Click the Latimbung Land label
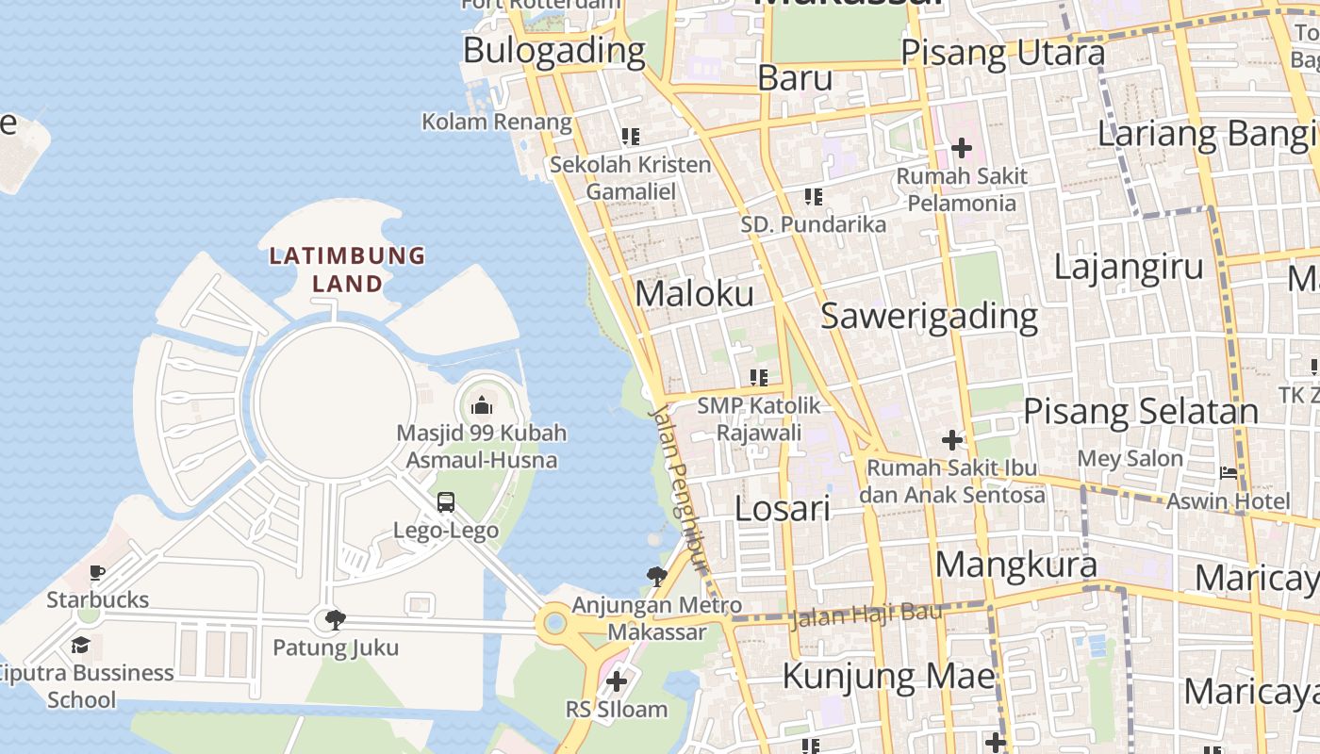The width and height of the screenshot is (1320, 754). tap(347, 269)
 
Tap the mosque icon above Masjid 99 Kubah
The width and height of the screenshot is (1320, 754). tap(482, 406)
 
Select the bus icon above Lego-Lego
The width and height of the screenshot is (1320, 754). tap(446, 502)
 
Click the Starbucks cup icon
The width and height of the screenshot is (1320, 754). tap(97, 572)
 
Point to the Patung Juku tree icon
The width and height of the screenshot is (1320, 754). tap(335, 619)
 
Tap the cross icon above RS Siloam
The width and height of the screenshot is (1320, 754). tap(617, 680)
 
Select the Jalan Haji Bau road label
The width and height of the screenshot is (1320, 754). tap(866, 615)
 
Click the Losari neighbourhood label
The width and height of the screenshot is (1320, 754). tap(782, 509)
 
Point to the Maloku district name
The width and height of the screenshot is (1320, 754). tap(694, 293)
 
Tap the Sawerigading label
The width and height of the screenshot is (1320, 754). tap(929, 316)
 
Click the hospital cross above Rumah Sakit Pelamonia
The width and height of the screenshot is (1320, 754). tap(962, 148)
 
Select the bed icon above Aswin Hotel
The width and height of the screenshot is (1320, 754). tap(1229, 472)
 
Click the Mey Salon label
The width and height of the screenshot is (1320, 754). tap(1130, 459)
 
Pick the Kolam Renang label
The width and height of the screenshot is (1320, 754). tap(496, 122)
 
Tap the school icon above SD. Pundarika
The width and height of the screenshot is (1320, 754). tap(813, 197)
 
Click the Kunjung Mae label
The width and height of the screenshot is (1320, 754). tap(888, 676)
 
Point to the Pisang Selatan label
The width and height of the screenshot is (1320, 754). tap(1141, 411)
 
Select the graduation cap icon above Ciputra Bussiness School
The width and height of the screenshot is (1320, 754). tap(81, 645)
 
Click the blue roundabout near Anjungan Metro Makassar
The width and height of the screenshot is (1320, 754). tap(555, 623)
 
